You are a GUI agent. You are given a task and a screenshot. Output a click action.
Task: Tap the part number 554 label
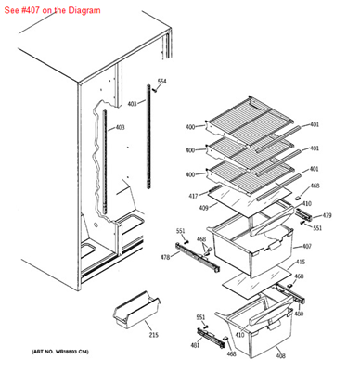pos(161,82)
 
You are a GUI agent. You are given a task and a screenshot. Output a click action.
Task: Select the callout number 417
pos(193,195)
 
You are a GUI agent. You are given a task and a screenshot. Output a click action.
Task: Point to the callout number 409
pos(201,208)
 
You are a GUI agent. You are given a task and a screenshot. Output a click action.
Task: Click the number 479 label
pos(327,216)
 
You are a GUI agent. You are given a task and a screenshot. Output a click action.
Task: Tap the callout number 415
pos(299,263)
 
